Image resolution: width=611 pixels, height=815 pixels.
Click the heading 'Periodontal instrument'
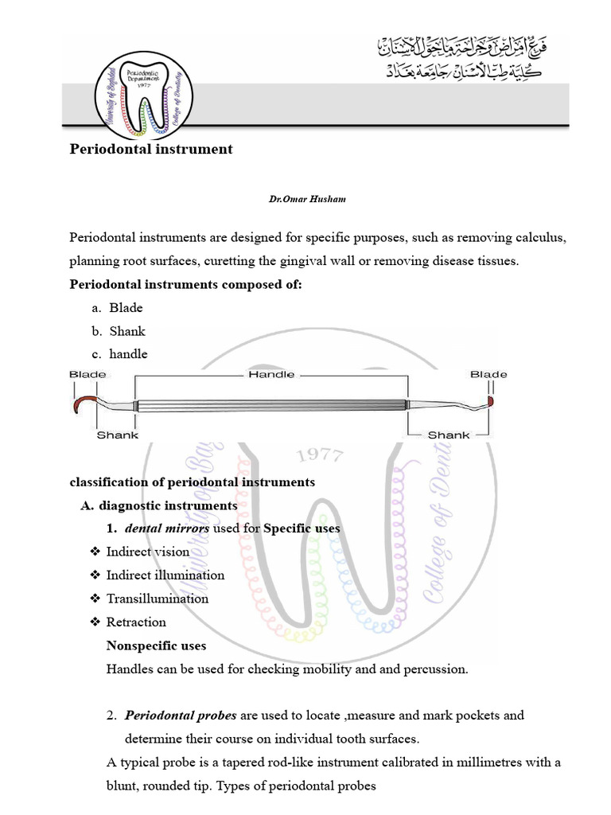151,149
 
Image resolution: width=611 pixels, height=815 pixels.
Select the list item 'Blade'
126,308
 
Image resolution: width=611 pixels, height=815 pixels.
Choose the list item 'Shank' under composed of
127,331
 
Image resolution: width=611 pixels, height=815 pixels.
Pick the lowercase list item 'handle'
128,353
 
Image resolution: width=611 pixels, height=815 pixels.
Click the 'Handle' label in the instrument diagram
271,374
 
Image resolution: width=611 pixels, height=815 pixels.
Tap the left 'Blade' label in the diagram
88,374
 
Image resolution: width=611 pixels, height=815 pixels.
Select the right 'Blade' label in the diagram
488,374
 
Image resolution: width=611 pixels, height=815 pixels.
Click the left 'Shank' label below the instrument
118,435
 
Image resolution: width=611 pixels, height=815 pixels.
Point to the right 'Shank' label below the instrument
449,435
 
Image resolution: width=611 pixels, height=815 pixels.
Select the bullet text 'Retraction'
136,622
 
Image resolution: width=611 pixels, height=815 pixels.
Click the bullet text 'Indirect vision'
148,552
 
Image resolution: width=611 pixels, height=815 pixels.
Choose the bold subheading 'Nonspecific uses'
156,645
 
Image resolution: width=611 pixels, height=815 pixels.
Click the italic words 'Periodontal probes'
178,716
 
